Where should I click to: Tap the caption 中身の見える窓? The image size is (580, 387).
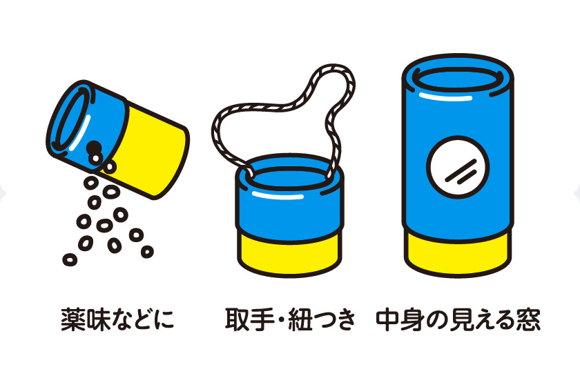pos(458,320)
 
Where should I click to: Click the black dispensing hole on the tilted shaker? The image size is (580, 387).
pos(92,147)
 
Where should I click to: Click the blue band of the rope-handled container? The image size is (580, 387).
pos(289,207)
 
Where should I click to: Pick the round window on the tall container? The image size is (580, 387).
pos(458,168)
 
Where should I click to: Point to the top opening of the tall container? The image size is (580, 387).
pos(458,77)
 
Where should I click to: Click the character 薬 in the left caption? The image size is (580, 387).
pos(72,320)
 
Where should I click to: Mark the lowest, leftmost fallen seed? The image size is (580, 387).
pos(69,259)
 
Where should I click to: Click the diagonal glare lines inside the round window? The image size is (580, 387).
pos(458,170)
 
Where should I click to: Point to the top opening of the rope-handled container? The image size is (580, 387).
pos(289,176)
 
